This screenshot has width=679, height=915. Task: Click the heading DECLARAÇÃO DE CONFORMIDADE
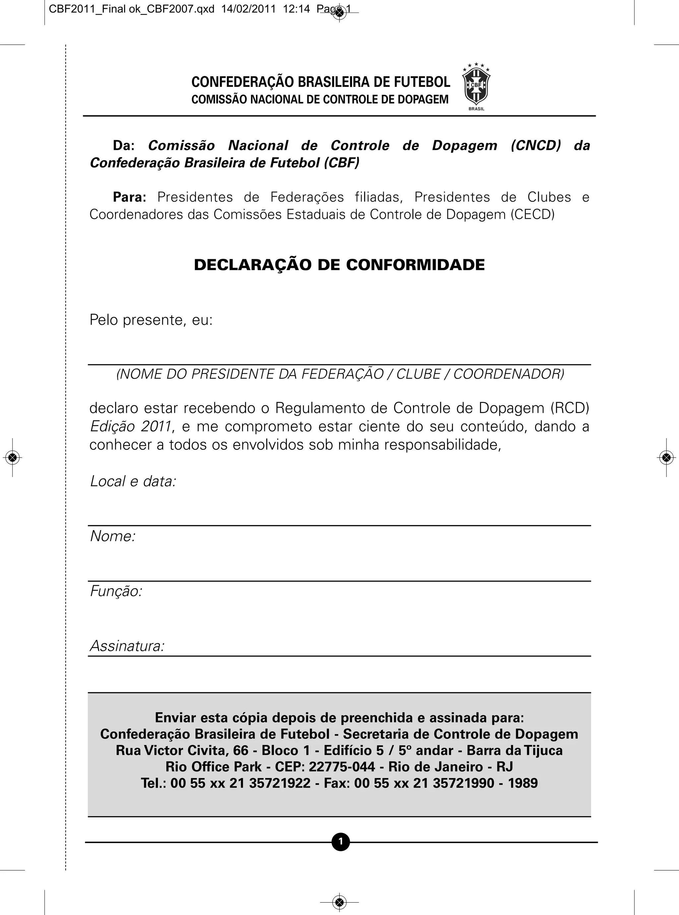coord(339,265)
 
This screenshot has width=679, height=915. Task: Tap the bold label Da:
coord(124,146)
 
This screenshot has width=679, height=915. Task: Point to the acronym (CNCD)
coord(535,146)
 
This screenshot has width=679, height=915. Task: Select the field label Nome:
coord(113,536)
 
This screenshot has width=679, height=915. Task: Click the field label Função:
coord(116,591)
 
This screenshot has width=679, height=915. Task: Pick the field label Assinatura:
coord(127,646)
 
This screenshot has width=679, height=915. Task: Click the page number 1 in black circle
coord(340,842)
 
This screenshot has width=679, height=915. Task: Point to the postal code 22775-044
coord(341,767)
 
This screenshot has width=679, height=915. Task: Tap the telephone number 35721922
coord(279,783)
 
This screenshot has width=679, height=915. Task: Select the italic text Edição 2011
coord(130,426)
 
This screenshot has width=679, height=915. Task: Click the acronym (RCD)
coord(570,408)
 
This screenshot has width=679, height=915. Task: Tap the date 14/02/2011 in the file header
coord(248,9)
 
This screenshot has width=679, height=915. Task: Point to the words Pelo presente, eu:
coord(151,320)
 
